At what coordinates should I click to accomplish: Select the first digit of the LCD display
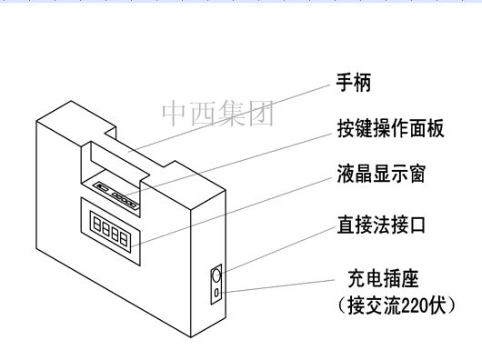click(96, 221)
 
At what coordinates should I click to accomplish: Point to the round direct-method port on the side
click(216, 274)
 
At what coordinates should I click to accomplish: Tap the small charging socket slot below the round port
click(216, 293)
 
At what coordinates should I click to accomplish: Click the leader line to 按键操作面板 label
click(236, 160)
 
